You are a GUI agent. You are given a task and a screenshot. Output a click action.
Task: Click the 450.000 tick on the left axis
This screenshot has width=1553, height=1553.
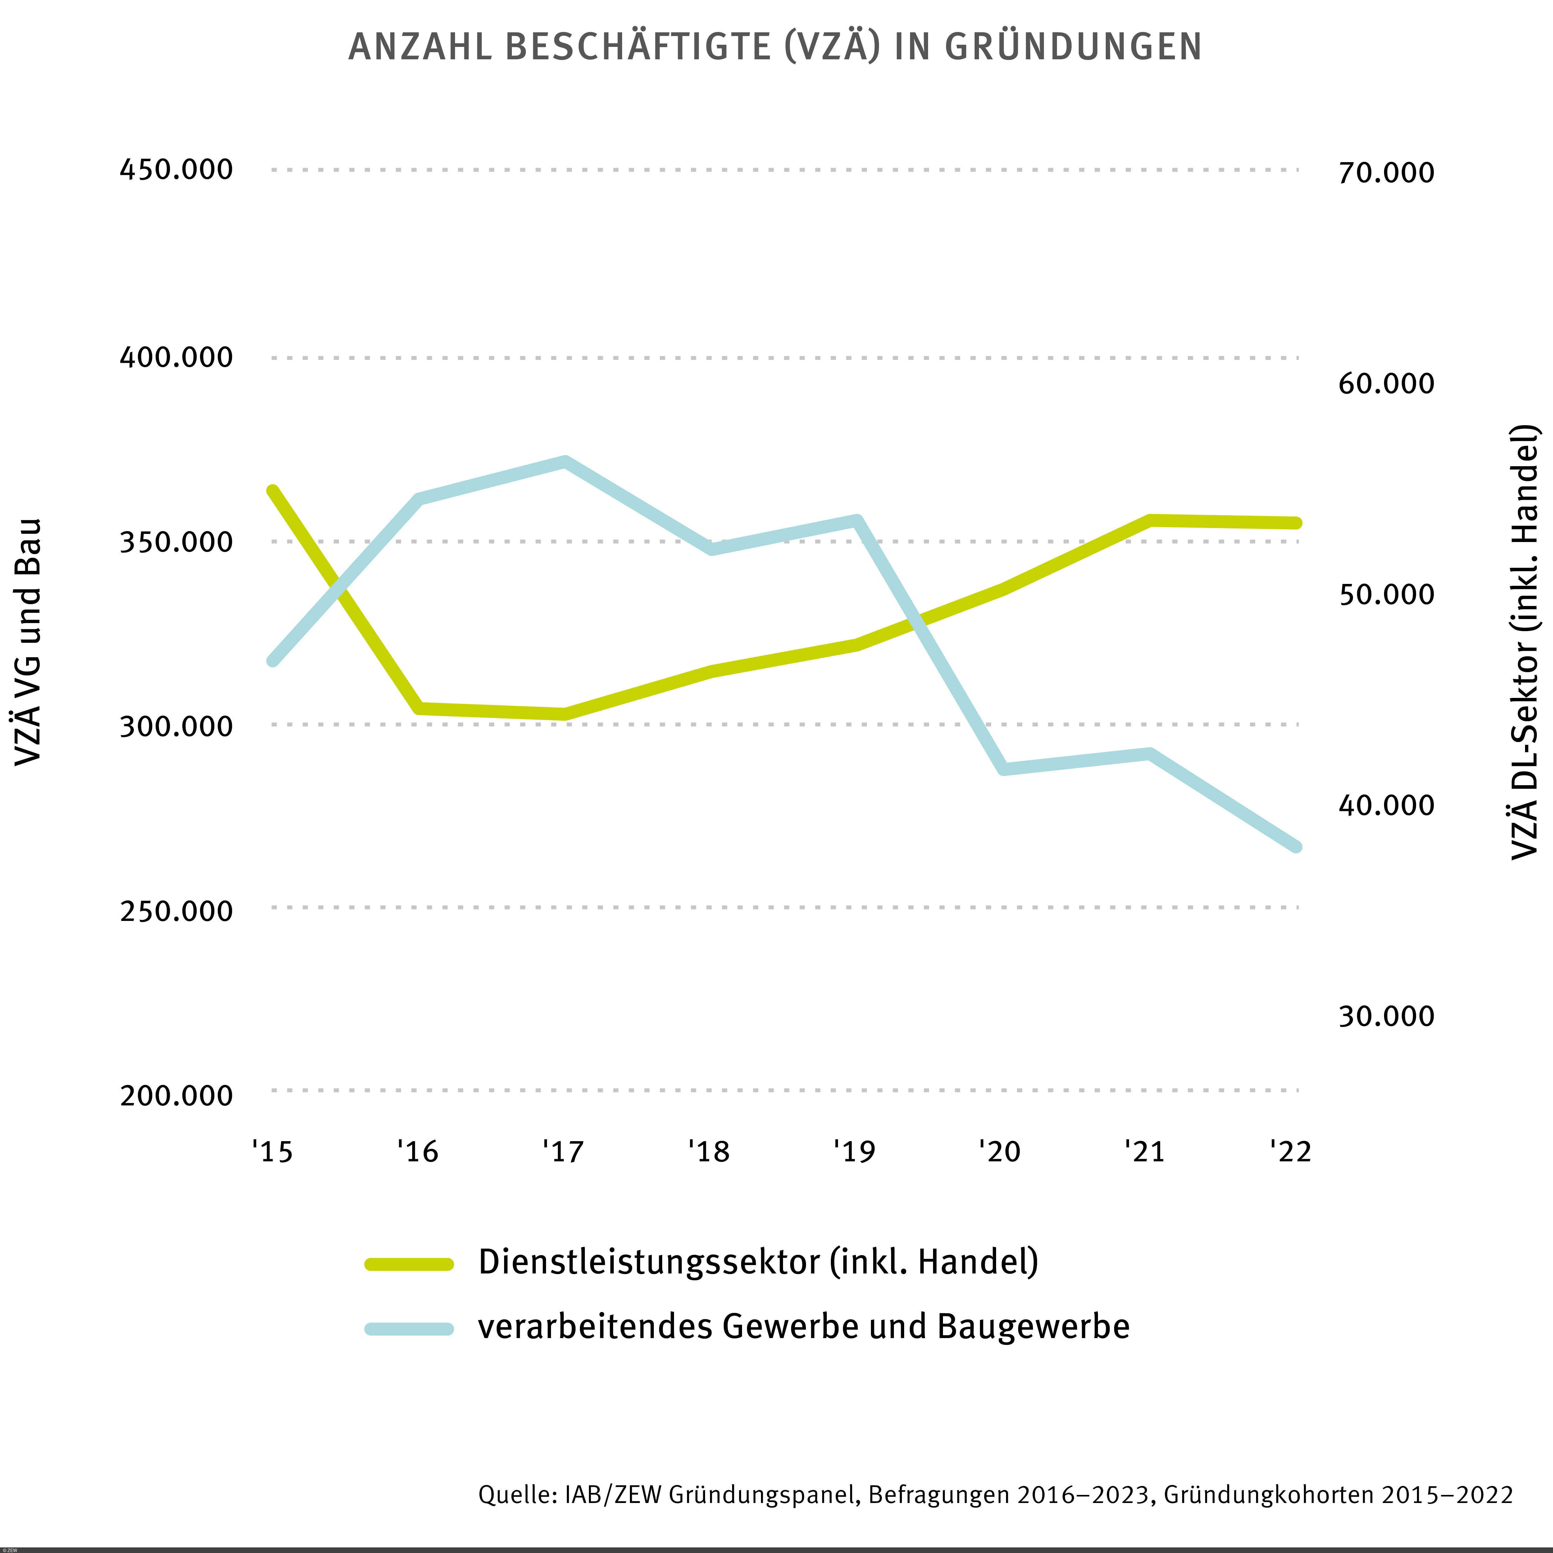[176, 170]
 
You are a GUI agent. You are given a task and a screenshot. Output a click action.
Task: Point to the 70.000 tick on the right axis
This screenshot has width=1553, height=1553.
[1386, 173]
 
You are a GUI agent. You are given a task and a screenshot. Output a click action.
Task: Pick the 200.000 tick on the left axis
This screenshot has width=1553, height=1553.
[176, 1095]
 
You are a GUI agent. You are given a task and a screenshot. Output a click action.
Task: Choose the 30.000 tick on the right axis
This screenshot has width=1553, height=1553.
[1386, 1016]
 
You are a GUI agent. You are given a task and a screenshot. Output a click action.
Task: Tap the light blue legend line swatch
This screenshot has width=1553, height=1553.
[409, 1329]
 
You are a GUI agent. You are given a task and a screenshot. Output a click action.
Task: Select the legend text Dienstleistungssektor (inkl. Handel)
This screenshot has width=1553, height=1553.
[758, 1262]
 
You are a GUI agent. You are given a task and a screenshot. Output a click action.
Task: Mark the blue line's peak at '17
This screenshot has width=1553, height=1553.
[565, 462]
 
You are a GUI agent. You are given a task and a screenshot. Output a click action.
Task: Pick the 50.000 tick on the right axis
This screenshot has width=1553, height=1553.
[1386, 594]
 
